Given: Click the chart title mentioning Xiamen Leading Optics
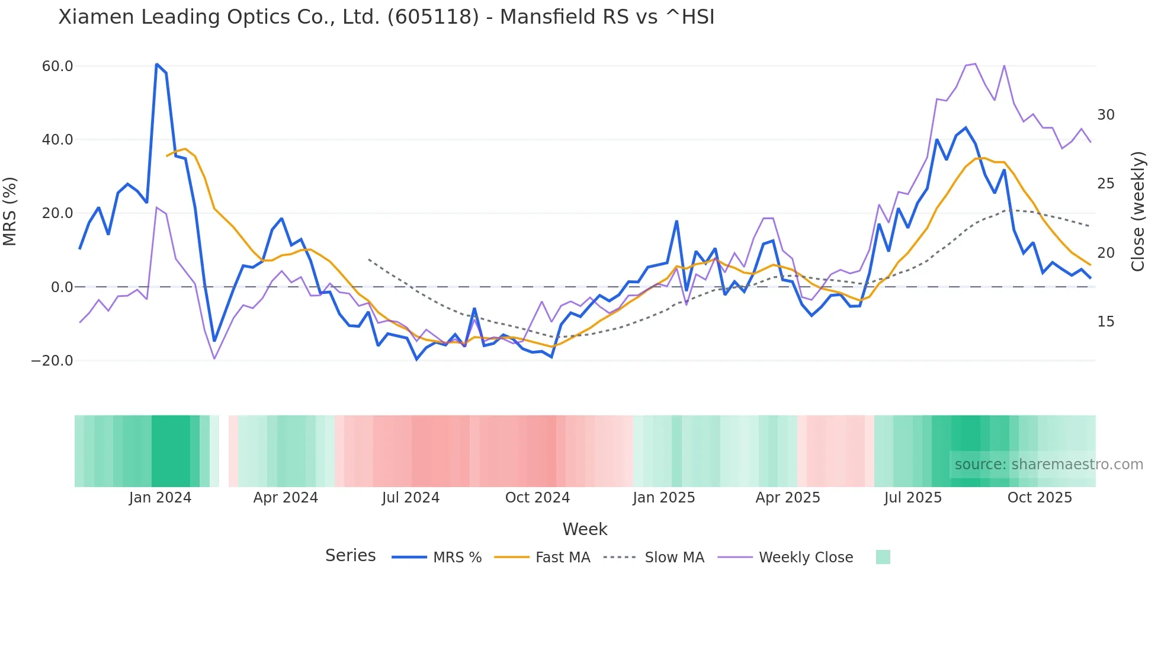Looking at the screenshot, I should click(x=386, y=17).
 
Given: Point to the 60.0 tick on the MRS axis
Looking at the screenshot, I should click(x=57, y=66).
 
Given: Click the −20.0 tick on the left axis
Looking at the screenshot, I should click(x=52, y=360).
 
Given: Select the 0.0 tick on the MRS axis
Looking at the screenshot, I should click(x=62, y=287).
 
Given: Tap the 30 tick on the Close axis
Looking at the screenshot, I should click(x=1105, y=115).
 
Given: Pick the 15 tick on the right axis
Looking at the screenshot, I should click(x=1105, y=322).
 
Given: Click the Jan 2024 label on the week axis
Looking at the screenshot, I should click(x=160, y=498).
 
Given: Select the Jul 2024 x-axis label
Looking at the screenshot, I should click(x=410, y=498).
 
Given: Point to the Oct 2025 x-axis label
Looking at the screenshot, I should click(x=1040, y=498).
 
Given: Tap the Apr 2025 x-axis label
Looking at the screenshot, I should click(x=788, y=498).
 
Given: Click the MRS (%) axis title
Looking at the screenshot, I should click(x=10, y=212).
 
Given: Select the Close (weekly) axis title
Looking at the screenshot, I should click(x=1138, y=212).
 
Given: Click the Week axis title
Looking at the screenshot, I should click(x=585, y=529).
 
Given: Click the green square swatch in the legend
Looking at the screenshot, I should click(x=883, y=557).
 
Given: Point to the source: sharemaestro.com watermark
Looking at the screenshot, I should click(x=1048, y=465).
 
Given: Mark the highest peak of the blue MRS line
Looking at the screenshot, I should click(x=156, y=64).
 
